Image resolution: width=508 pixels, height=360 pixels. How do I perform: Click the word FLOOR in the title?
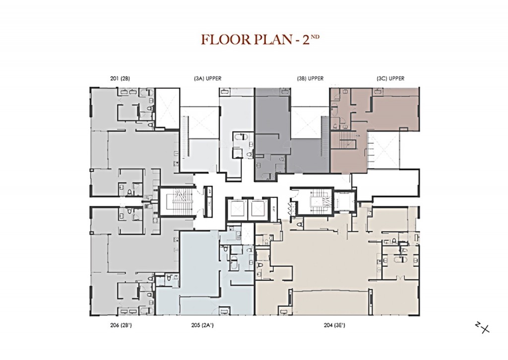point(222,40)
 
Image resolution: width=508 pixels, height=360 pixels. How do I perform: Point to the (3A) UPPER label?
point(207,78)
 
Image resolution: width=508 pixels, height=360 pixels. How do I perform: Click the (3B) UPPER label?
point(310,78)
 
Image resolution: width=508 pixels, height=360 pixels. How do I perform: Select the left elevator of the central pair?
point(236,208)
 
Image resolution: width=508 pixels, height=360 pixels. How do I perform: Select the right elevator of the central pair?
point(257,208)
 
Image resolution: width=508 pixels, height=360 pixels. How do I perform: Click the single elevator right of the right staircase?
point(342,201)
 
